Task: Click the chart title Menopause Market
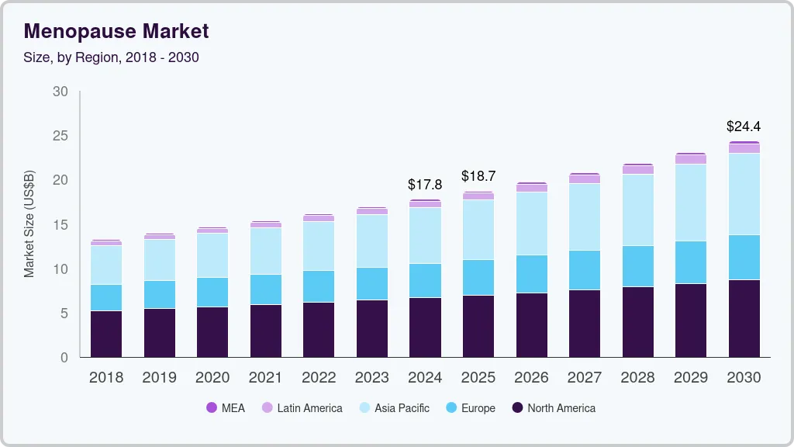click(x=116, y=32)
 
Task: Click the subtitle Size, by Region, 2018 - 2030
click(x=112, y=57)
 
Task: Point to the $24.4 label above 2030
click(x=744, y=126)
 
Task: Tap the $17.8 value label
click(x=425, y=185)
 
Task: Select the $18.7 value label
click(x=478, y=176)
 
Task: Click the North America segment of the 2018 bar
click(x=106, y=334)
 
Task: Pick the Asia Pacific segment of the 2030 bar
click(x=744, y=194)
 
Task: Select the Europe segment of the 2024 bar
click(x=425, y=280)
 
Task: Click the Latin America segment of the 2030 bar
click(x=744, y=148)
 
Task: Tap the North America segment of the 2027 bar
click(x=584, y=323)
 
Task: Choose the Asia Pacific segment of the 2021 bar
click(x=265, y=251)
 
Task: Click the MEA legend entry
click(x=225, y=407)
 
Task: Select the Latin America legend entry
click(x=302, y=407)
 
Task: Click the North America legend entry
click(x=554, y=407)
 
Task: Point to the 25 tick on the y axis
click(x=60, y=136)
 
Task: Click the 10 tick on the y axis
click(x=60, y=269)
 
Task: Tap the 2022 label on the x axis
click(x=319, y=378)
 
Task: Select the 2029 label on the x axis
click(x=690, y=378)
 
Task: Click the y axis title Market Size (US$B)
click(x=29, y=224)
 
